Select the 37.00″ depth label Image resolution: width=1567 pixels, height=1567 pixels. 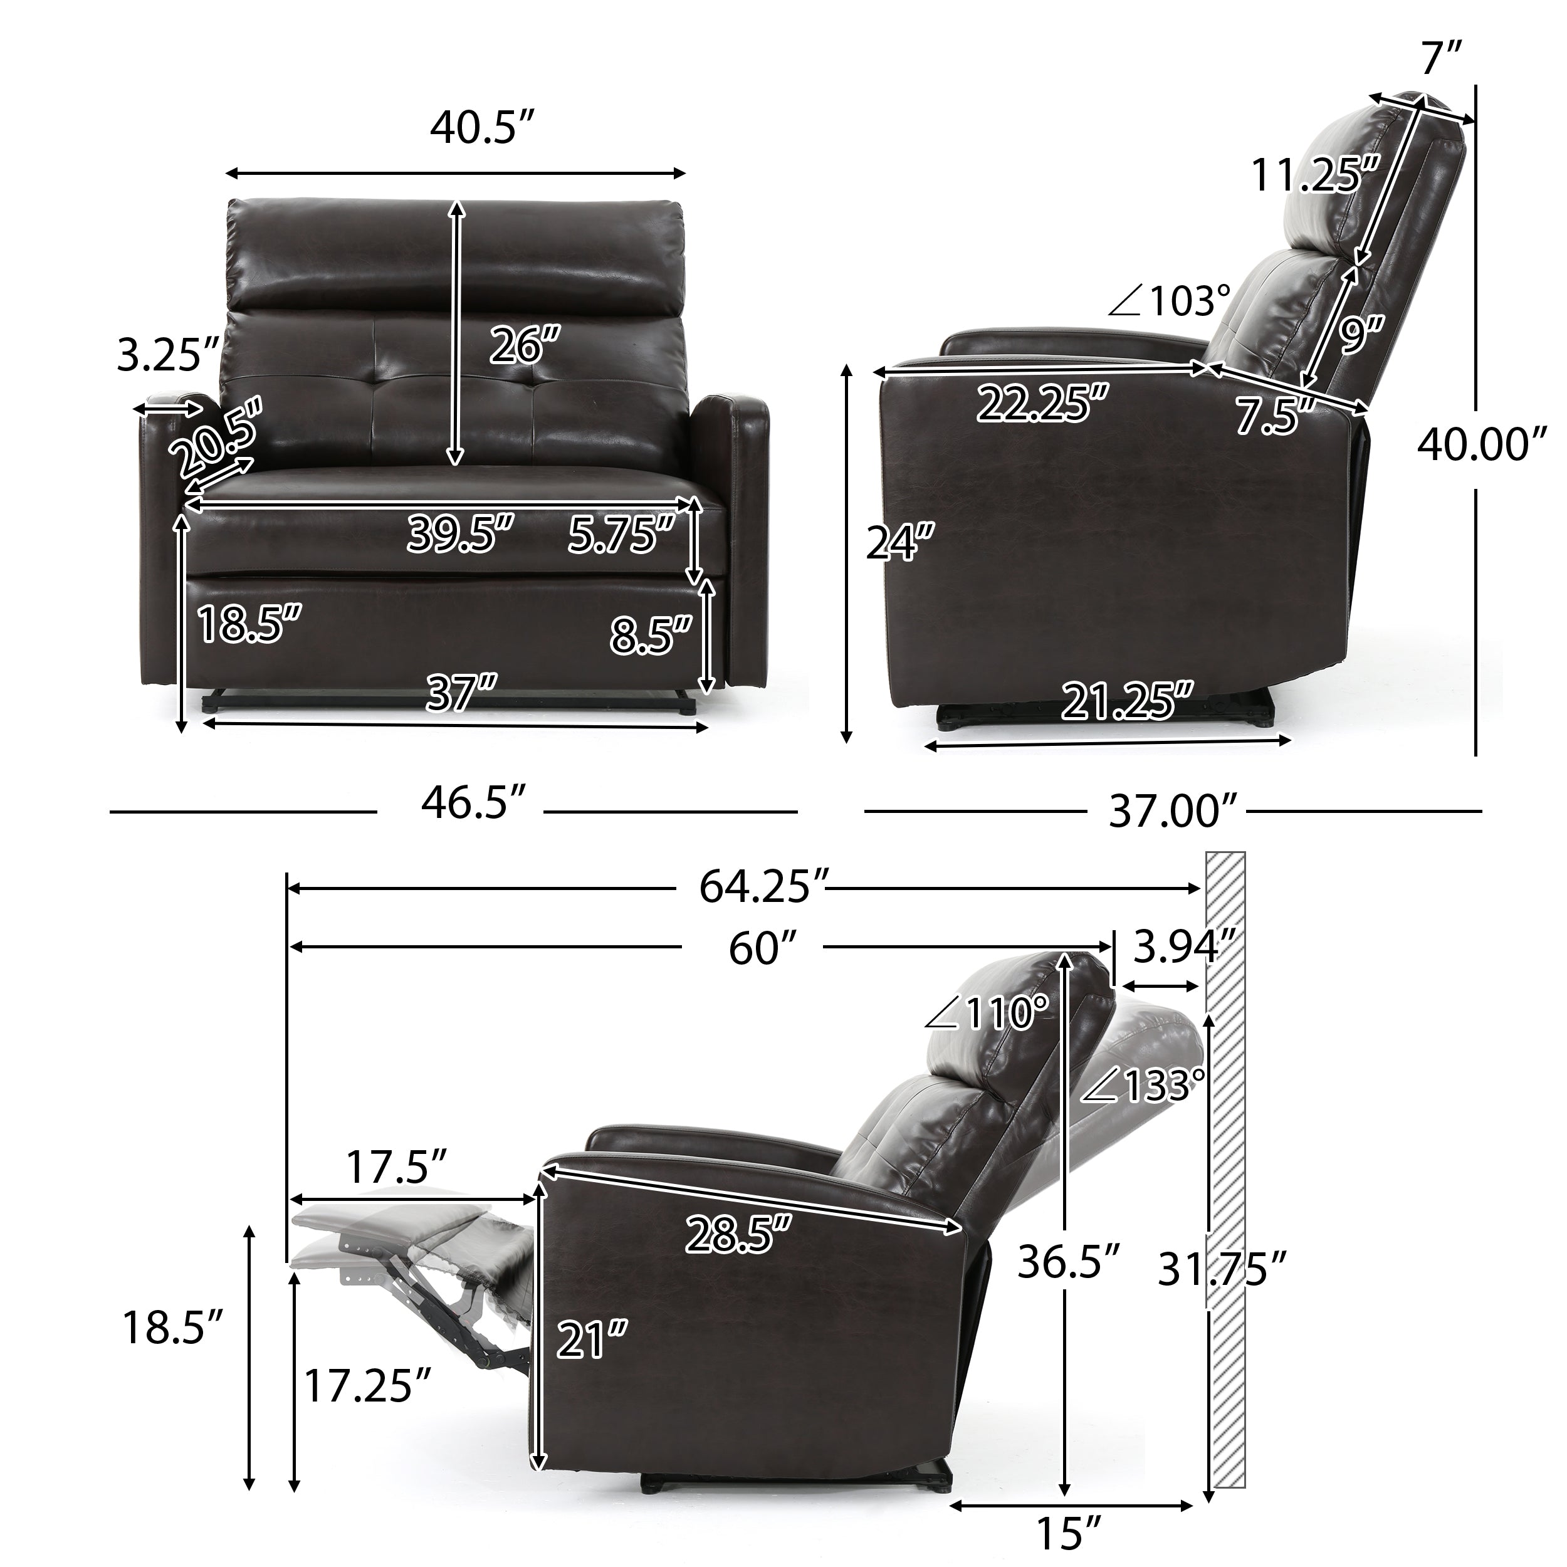click(x=1173, y=810)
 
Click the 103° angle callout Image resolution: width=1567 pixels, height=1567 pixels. click(x=1170, y=301)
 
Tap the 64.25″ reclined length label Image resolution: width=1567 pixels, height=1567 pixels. click(x=764, y=886)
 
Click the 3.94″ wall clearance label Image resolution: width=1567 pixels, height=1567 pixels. click(x=1184, y=946)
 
